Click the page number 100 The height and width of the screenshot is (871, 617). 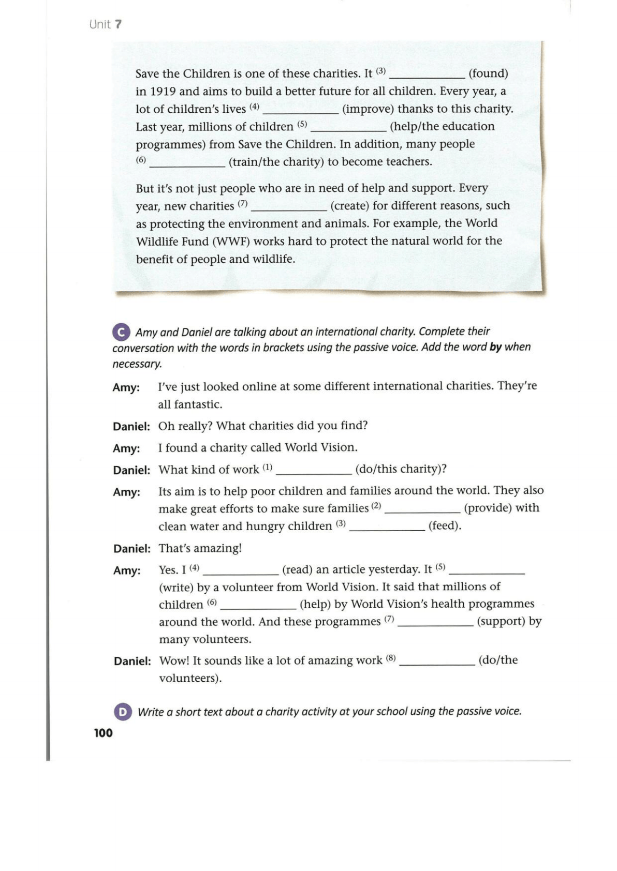(103, 733)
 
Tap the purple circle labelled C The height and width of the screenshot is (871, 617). (121, 332)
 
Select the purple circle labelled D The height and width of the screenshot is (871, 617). (122, 712)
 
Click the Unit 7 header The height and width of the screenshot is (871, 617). (106, 24)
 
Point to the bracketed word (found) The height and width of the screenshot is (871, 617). (488, 73)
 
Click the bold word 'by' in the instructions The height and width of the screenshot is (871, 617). (495, 347)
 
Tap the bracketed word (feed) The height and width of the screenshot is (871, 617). (445, 526)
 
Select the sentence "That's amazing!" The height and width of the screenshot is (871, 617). (200, 548)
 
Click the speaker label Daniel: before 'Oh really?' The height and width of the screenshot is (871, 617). (131, 427)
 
